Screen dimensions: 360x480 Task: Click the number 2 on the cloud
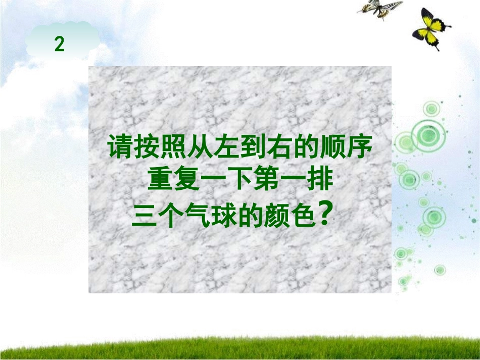[x=60, y=45]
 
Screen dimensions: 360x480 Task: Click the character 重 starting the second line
[x=160, y=181]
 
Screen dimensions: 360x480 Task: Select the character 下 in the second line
[x=240, y=181]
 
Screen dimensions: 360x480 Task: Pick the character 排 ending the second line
[x=320, y=181]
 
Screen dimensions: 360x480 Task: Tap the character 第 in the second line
[x=267, y=181]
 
